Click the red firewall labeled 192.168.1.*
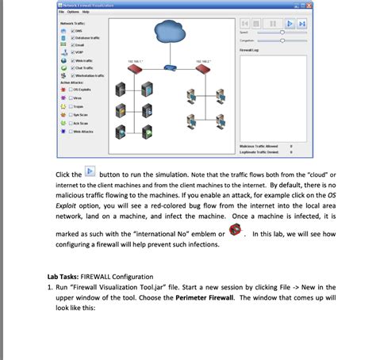coord(134,70)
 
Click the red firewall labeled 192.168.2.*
coord(201,70)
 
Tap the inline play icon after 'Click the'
coord(90,172)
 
